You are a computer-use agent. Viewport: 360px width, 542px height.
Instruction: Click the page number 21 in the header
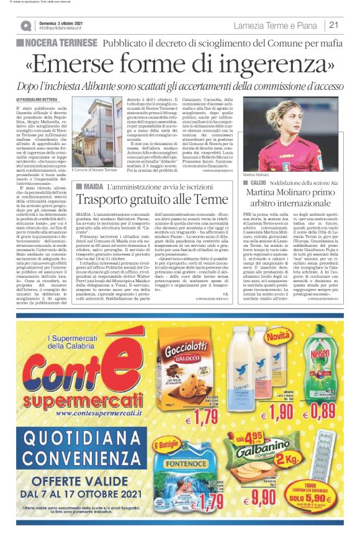pyautogui.click(x=333, y=25)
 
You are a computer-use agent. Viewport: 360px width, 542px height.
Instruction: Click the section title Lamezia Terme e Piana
pyautogui.click(x=276, y=25)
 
